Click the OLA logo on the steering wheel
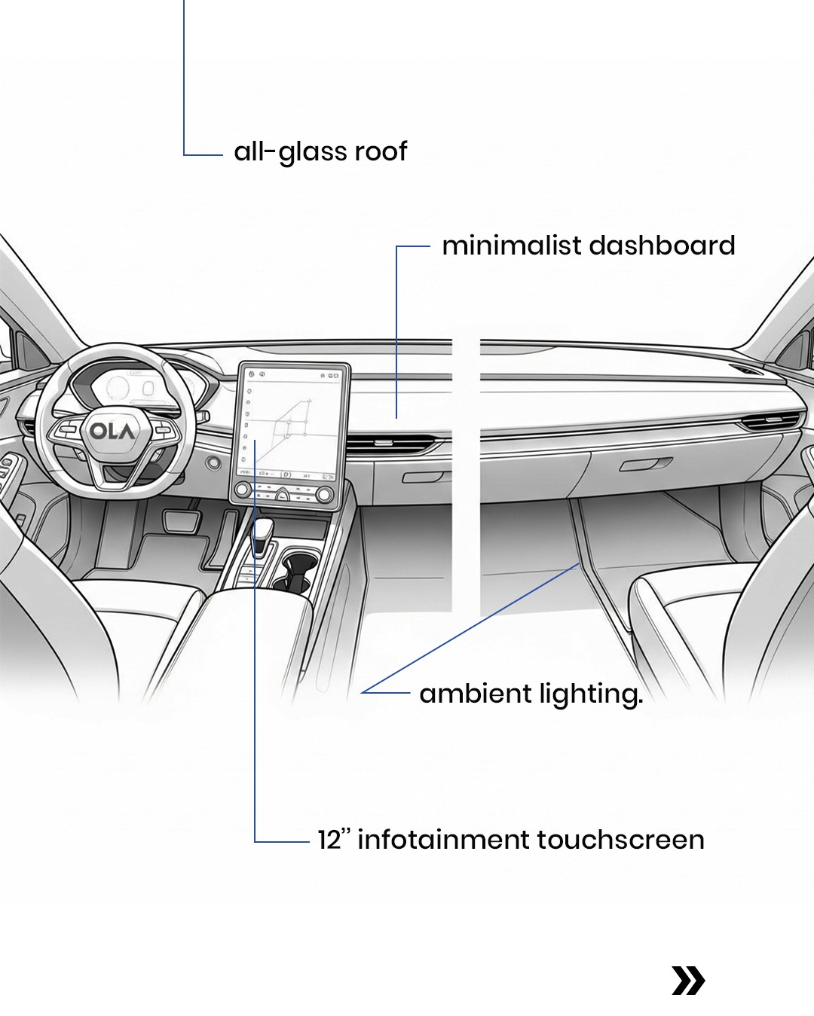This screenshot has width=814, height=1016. click(113, 432)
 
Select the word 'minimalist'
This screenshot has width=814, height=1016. click(511, 246)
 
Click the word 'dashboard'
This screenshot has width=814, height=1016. click(662, 246)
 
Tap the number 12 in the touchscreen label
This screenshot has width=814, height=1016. click(329, 840)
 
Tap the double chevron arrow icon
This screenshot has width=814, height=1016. click(688, 981)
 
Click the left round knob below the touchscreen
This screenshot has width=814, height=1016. click(243, 490)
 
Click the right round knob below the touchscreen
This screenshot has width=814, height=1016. click(325, 495)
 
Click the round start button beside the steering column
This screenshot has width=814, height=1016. click(214, 462)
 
